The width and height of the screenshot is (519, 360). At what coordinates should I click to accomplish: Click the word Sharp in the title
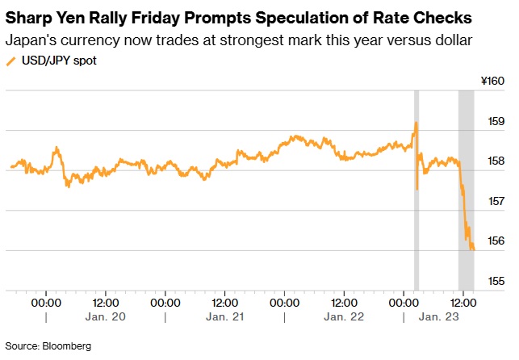(29, 18)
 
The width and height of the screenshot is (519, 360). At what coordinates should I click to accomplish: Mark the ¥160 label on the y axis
(492, 82)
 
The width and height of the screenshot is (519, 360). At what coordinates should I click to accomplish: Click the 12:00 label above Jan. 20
(105, 303)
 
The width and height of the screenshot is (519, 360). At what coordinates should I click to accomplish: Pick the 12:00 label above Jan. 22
(344, 303)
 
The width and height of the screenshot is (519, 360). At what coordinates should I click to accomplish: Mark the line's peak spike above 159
(416, 123)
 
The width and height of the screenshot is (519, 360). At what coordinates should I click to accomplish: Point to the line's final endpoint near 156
(473, 249)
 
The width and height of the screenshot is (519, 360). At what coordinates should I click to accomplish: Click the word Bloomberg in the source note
(68, 345)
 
